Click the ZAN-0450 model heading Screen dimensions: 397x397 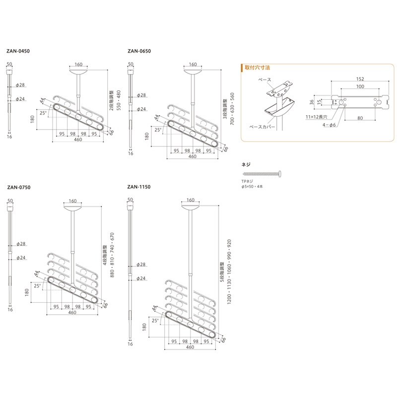(18, 51)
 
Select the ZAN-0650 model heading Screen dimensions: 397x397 (138, 51)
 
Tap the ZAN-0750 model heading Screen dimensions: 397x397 (18, 188)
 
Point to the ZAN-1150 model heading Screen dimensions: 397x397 (138, 188)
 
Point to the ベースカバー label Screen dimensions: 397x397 (260, 127)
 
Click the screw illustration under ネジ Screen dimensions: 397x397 (263, 173)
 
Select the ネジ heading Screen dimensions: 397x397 (246, 163)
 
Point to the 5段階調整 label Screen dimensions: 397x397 (222, 273)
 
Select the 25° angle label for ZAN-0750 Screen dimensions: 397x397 (37, 286)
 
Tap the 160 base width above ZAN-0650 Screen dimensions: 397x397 (193, 65)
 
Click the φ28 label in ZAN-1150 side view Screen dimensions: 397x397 (141, 265)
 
